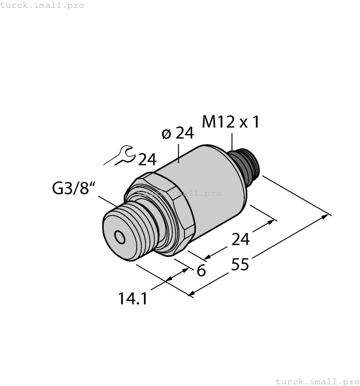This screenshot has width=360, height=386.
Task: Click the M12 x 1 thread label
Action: pos(230,122)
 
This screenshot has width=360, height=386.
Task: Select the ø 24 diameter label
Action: pos(179,134)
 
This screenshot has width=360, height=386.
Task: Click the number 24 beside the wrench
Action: pos(147,160)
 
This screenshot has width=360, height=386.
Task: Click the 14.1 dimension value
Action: pos(133,298)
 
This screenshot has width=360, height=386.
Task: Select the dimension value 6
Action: pos(201,271)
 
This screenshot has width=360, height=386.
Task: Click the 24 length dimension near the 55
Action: pos(240,239)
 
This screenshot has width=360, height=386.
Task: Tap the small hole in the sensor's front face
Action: pos(119,237)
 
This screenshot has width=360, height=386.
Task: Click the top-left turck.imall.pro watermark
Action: pos(42,5)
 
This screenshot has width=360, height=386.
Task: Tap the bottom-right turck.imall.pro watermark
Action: pos(317,381)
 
